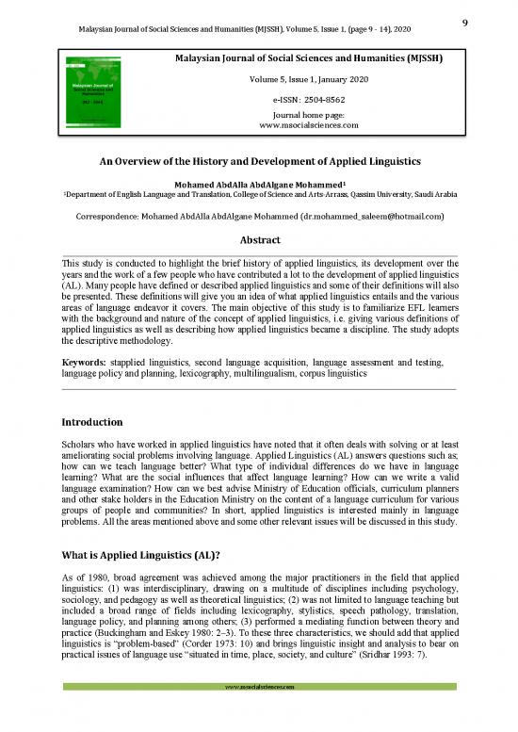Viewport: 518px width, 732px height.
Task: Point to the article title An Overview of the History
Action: [x=259, y=161]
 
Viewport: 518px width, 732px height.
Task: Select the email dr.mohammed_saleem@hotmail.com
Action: [x=371, y=215]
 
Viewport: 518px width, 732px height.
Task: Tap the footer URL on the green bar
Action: [x=259, y=716]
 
